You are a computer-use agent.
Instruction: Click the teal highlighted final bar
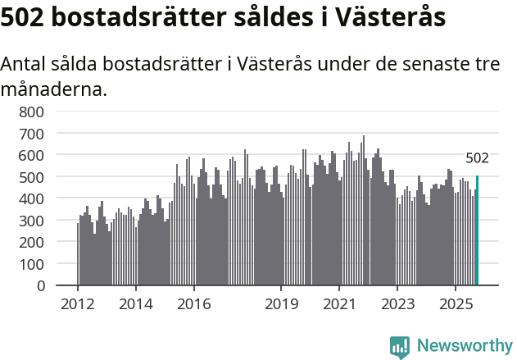477,230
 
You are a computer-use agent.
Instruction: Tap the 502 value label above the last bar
477,158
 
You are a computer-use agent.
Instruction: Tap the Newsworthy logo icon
400,346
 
